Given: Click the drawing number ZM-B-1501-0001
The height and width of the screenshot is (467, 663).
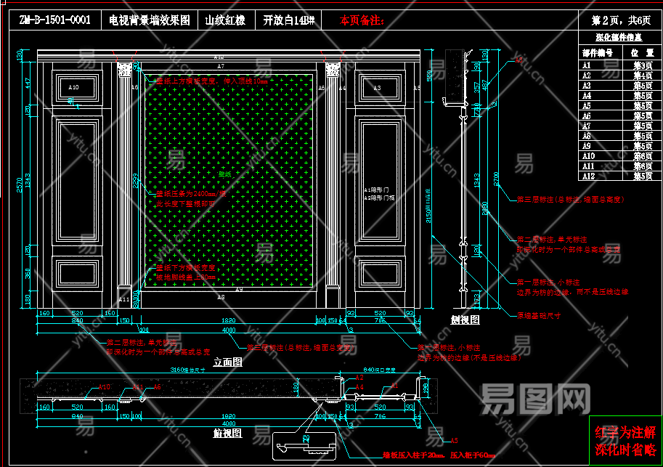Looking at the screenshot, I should (x=55, y=20).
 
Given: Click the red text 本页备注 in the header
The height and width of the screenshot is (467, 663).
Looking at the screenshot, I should (x=362, y=20).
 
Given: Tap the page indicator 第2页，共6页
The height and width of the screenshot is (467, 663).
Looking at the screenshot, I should (x=619, y=20).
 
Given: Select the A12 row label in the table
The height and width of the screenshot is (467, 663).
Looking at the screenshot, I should (x=588, y=176).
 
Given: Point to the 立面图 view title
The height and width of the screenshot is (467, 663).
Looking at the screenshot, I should (x=227, y=361).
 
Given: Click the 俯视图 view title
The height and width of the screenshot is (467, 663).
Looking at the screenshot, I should (x=227, y=434).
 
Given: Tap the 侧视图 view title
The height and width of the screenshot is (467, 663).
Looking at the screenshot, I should (x=465, y=319).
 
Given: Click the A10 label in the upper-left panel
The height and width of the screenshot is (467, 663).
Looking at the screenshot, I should (x=73, y=87).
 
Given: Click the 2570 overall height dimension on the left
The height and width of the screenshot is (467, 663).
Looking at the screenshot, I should (x=20, y=184).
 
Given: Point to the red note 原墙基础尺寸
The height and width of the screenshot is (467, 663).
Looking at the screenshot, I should (x=538, y=316).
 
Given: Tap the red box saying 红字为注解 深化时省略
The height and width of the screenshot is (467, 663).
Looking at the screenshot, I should (x=625, y=441).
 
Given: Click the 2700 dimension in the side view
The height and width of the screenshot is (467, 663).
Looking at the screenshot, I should (x=496, y=178).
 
